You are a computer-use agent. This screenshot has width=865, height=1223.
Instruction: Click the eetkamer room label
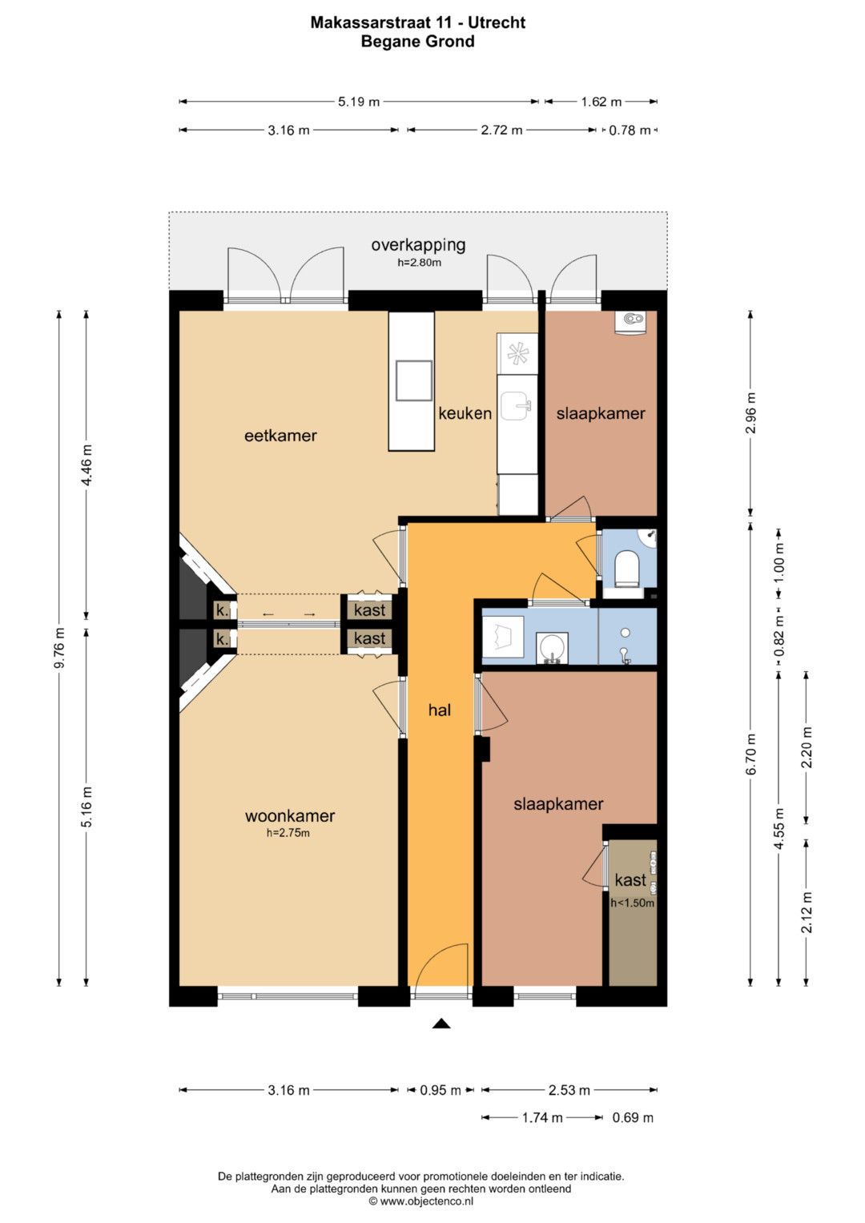point(280,436)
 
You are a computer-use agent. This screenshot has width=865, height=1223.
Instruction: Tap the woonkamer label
point(289,815)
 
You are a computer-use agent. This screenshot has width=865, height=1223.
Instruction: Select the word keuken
point(465,413)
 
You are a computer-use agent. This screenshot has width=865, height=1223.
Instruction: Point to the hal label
point(440,710)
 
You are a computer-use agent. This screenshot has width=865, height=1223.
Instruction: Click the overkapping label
point(418,245)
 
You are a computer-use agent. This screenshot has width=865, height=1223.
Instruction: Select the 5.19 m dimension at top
point(359,102)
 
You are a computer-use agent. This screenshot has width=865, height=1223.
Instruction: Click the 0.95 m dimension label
point(441,1090)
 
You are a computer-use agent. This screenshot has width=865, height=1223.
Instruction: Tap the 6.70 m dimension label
point(751,754)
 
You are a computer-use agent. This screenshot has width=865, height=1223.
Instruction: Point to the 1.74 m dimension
point(541,1117)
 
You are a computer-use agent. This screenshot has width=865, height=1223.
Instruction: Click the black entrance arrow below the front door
point(441,1024)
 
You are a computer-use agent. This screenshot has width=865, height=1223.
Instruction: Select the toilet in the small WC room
point(626,569)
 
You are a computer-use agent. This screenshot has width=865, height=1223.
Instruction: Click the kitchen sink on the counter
point(516,407)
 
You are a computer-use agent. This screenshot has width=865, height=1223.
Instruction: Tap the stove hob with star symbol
point(517,353)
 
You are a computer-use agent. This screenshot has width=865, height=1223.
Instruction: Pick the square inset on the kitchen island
point(414,381)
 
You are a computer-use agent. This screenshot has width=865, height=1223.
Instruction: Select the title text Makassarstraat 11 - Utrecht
point(418,22)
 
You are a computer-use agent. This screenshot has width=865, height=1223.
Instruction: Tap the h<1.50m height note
point(632,903)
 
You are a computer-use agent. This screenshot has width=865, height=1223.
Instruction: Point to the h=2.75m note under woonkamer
point(288,833)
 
